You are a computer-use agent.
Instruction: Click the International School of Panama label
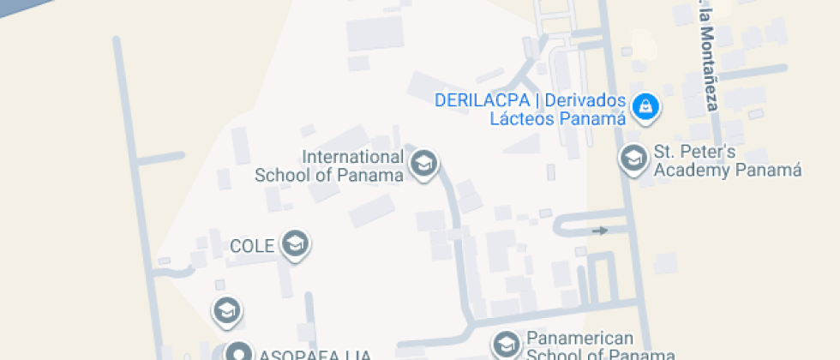329,166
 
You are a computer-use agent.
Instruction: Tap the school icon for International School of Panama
423,163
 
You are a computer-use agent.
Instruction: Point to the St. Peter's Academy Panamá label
727,161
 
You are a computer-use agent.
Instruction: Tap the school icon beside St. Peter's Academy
633,159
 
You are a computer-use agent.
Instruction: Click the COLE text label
252,247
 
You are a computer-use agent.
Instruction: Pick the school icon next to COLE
296,244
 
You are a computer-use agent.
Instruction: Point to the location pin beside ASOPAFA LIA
237,352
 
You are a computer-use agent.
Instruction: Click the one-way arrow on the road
600,230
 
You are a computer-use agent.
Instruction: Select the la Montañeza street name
706,56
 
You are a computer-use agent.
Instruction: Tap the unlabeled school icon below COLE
226,311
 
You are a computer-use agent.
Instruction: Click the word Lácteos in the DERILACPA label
522,118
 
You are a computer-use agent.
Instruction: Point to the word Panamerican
579,339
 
